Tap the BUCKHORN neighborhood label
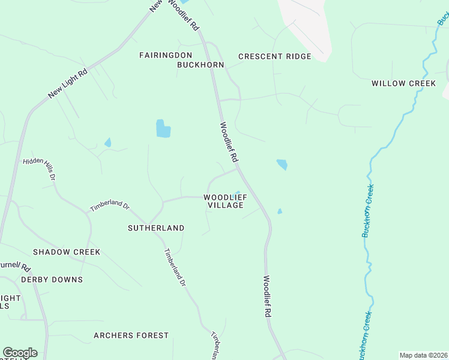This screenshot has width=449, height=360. click(200, 65)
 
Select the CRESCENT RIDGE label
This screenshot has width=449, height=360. click(274, 56)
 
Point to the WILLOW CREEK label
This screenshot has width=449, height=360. click(403, 83)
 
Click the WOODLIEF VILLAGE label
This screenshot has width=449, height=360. click(225, 201)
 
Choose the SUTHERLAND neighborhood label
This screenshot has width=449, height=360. click(156, 228)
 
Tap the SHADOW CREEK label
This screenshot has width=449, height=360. click(67, 252)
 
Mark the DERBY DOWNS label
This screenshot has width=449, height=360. click(52, 280)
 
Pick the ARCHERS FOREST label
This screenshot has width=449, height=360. click(131, 335)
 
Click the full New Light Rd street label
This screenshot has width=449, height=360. click(68, 84)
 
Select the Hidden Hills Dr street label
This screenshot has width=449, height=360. click(39, 170)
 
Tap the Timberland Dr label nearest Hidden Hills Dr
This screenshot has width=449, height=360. click(110, 206)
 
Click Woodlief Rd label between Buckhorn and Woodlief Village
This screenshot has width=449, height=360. click(229, 142)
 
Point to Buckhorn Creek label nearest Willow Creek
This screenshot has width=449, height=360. click(369, 211)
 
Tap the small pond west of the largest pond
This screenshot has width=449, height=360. click(107, 143)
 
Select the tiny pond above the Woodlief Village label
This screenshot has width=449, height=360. click(238, 193)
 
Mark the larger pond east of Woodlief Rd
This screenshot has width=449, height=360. click(282, 164)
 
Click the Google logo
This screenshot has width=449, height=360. click(20, 353)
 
